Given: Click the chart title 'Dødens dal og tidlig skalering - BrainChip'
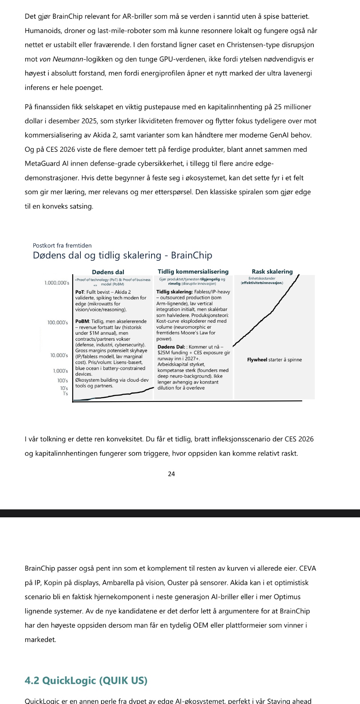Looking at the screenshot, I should [123, 255].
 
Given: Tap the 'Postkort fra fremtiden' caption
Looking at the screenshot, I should [62, 245].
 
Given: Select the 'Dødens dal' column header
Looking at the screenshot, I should [108, 272].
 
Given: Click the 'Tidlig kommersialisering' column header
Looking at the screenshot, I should [193, 272].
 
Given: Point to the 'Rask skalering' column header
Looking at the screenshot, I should [272, 272].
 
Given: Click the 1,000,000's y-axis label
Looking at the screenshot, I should [57, 283].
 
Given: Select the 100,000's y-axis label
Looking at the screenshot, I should [57, 323].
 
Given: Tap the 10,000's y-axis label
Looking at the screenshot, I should [59, 355].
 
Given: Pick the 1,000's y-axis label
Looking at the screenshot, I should [61, 371].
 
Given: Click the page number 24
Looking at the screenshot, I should [171, 474].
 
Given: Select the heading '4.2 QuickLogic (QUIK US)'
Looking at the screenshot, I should [86, 680].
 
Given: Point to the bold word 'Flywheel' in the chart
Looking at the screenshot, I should [257, 360].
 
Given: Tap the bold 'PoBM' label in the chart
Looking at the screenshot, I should [82, 322].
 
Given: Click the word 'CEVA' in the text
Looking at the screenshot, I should [307, 568].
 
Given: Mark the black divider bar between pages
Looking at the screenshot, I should [180, 513].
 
